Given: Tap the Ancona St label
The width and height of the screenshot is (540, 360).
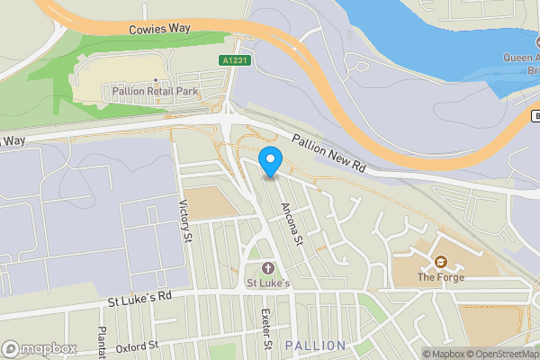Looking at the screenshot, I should [292, 222].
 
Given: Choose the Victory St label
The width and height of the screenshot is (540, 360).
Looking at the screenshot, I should [187, 220].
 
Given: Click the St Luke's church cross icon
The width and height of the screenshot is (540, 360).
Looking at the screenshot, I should [267, 269].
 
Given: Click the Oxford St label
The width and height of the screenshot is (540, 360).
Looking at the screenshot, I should [136, 345].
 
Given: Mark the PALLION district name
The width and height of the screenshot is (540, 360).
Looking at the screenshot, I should [315, 346].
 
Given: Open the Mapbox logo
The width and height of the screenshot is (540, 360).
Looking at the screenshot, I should [38, 348].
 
